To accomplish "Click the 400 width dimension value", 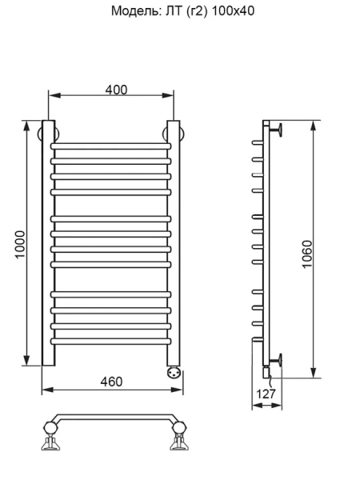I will pos(117,90).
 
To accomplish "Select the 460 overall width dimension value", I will pos(111,382).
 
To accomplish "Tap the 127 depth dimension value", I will pos(268,394).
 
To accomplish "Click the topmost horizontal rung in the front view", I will pos(111,146).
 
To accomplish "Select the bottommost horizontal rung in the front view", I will pos(111,341).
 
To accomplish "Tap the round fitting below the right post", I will pos(174,371).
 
